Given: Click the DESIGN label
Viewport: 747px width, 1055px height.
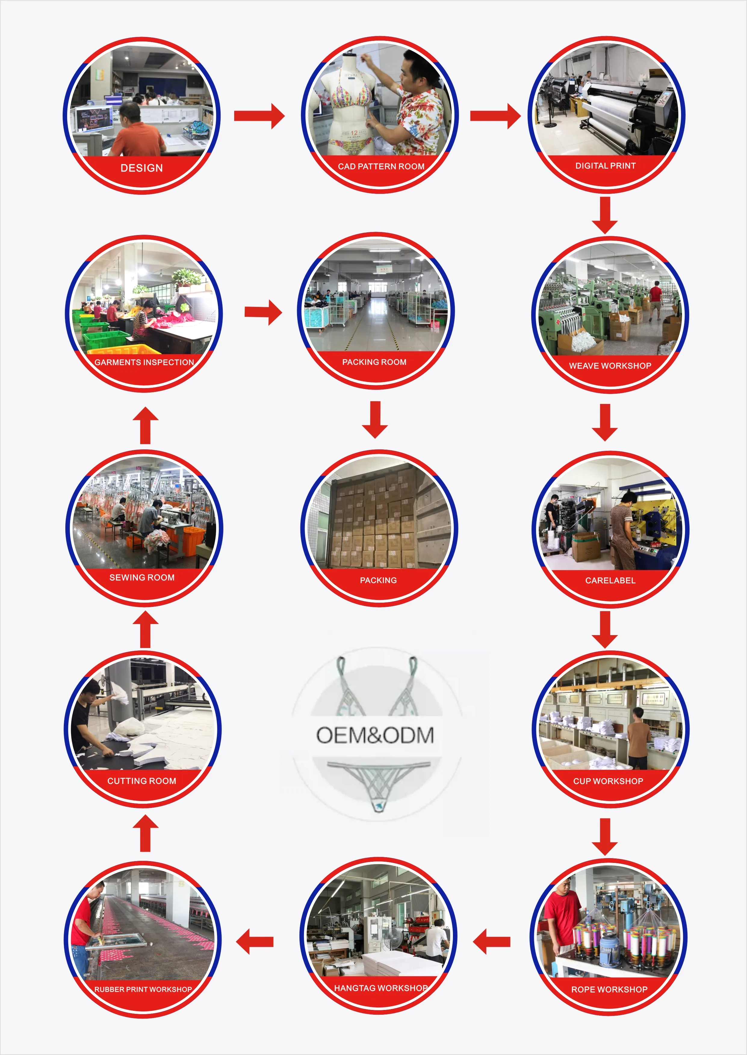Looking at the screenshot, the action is tap(142, 168).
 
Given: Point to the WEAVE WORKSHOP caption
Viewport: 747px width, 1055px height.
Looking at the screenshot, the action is tap(610, 366).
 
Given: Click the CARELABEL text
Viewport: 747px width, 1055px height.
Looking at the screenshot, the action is tap(610, 580).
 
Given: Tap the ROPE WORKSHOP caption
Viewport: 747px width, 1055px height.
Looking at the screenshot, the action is tap(609, 989).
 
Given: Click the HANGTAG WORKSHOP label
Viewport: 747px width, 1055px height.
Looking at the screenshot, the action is tap(380, 988).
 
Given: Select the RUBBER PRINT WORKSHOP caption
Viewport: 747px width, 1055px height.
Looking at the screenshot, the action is tap(143, 989).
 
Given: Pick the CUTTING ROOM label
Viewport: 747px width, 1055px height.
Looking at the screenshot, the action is tap(142, 781).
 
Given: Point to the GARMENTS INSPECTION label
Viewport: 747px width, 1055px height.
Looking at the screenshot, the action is tap(144, 362).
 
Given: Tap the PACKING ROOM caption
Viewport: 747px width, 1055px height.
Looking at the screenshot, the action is tap(374, 362).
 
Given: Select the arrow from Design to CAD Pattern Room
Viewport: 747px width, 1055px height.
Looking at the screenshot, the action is tap(259, 116).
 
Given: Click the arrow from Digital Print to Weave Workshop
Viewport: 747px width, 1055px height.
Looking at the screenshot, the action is tap(605, 215).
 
